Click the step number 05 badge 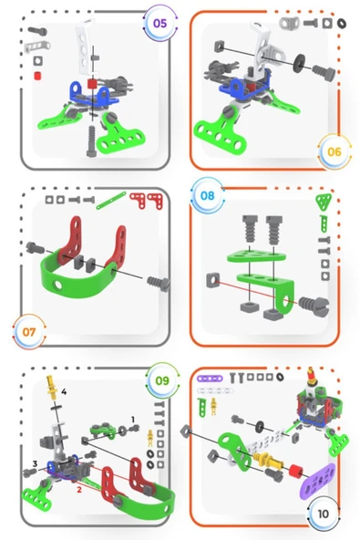point(159,23)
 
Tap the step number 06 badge point(334,151)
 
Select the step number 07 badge point(29,332)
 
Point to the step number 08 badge point(207,195)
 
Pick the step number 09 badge point(162,380)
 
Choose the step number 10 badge point(324,514)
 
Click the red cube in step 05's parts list point(37,76)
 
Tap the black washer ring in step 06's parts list point(341,23)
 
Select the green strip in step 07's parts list point(111,201)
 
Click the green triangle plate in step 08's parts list point(324,202)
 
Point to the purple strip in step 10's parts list point(210,379)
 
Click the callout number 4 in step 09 point(64,391)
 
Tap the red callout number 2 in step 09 point(79,489)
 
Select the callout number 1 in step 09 point(133,419)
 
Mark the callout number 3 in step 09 point(35,464)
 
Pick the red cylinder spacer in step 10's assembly point(295,471)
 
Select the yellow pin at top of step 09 point(52,388)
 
